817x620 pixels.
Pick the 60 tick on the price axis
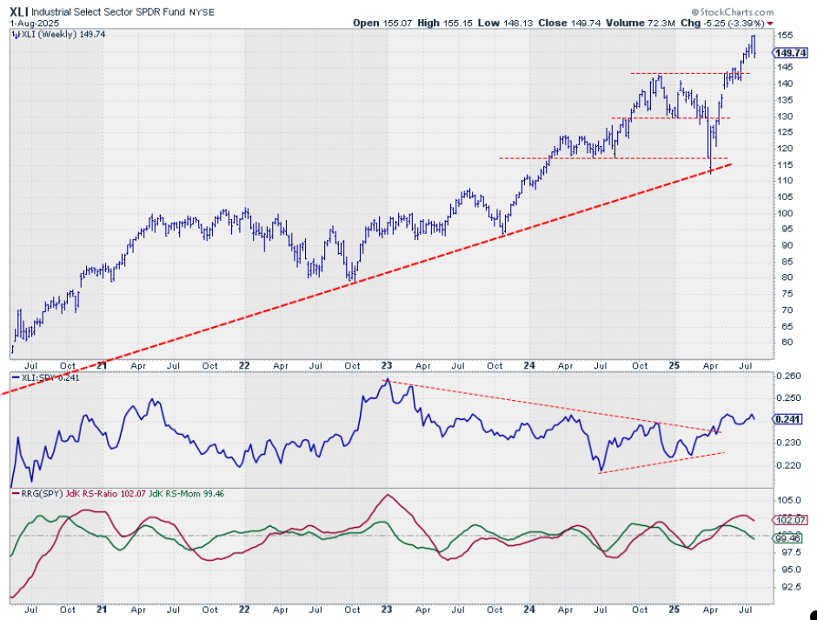[x=784, y=342]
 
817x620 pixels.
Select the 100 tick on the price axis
[x=787, y=213]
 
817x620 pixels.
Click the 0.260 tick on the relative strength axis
[x=789, y=376]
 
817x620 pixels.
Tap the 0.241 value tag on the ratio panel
[x=789, y=418]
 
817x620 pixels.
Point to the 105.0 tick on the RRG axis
[x=788, y=500]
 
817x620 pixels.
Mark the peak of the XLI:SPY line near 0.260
[x=387, y=380]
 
